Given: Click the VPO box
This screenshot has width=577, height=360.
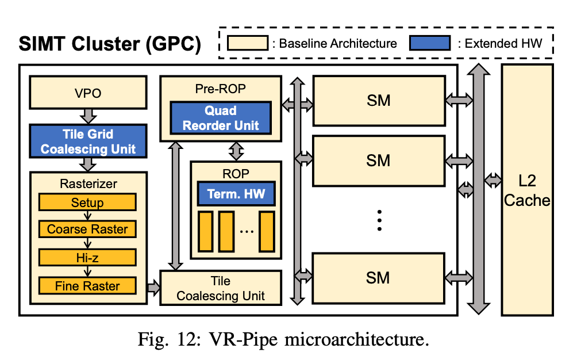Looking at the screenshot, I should pos(88,93).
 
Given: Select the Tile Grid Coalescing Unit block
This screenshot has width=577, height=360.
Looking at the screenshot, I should pos(88,141).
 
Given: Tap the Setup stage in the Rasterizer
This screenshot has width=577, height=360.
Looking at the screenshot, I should pos(87,202).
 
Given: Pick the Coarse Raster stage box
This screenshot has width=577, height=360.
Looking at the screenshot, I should pos(87,229).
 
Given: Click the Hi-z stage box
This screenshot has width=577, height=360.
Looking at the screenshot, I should pos(87,258).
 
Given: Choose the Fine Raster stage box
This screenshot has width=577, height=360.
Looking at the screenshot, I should pos(87,286).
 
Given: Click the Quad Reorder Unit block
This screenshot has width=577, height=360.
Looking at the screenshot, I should pos(221,118).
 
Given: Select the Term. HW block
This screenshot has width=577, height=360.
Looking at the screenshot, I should pos(236,193).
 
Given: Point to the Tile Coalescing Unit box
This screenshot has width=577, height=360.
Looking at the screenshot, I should pos(221,288).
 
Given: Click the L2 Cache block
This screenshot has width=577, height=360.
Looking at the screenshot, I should pos(527,190).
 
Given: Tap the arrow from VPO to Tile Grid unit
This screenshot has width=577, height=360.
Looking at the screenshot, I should pos(88,117).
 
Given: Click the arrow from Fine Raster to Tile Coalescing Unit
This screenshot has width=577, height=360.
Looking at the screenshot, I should pos(153,286).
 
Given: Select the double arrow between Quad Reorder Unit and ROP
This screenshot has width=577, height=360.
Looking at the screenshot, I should pos(236,151).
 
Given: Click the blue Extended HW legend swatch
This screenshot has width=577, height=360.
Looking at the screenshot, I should pos(430,43).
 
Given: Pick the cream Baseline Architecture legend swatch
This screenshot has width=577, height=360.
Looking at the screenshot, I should pos(247,43).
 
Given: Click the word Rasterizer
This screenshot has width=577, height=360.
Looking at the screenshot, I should pos(88,184).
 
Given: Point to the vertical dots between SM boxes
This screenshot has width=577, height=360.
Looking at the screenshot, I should pos(379,220).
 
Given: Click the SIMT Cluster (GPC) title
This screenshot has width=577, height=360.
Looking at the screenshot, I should pos(110,44).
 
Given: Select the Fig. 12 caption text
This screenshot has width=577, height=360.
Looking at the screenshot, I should pos(283,339).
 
